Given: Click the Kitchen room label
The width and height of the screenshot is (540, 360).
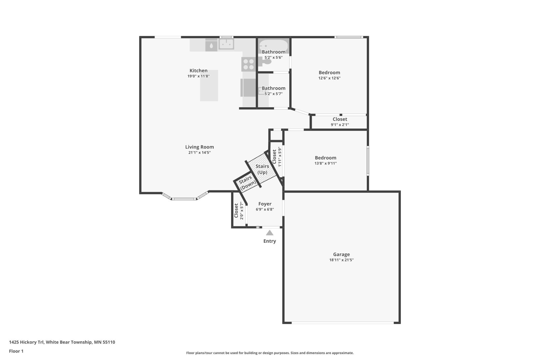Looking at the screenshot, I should [x=198, y=70].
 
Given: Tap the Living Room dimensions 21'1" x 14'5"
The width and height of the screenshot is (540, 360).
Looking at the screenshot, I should [x=199, y=152].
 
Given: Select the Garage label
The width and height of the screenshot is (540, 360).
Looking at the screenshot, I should [x=341, y=254].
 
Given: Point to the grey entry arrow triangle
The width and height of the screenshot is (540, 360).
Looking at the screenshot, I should [x=269, y=233].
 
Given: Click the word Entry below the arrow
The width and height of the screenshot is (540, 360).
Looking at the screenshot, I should [x=269, y=241].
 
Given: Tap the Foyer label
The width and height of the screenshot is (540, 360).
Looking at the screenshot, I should [x=265, y=204].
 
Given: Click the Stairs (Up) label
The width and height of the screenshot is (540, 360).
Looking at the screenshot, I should [x=262, y=169].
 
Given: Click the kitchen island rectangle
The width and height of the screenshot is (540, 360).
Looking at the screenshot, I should [x=209, y=85].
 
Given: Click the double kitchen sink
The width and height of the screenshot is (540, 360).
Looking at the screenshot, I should [x=226, y=44].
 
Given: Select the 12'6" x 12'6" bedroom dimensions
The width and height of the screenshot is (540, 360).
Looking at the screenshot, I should [x=329, y=78].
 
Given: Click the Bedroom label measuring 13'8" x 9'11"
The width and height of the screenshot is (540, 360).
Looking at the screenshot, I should [x=325, y=158].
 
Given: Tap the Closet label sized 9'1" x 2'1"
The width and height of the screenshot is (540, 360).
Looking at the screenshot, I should [x=340, y=119].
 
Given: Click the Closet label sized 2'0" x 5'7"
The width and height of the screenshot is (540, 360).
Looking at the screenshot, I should [x=236, y=210].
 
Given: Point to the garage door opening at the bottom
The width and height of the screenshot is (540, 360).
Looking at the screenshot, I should [x=342, y=323].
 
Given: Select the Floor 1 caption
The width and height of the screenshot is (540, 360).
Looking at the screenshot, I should [x=16, y=351].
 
